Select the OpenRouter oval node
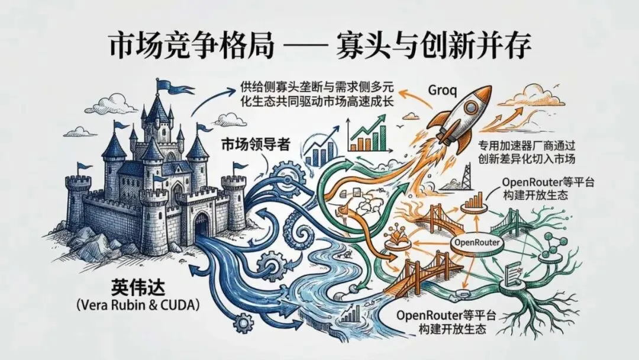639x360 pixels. point(477,243)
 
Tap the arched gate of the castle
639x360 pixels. point(201,224)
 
